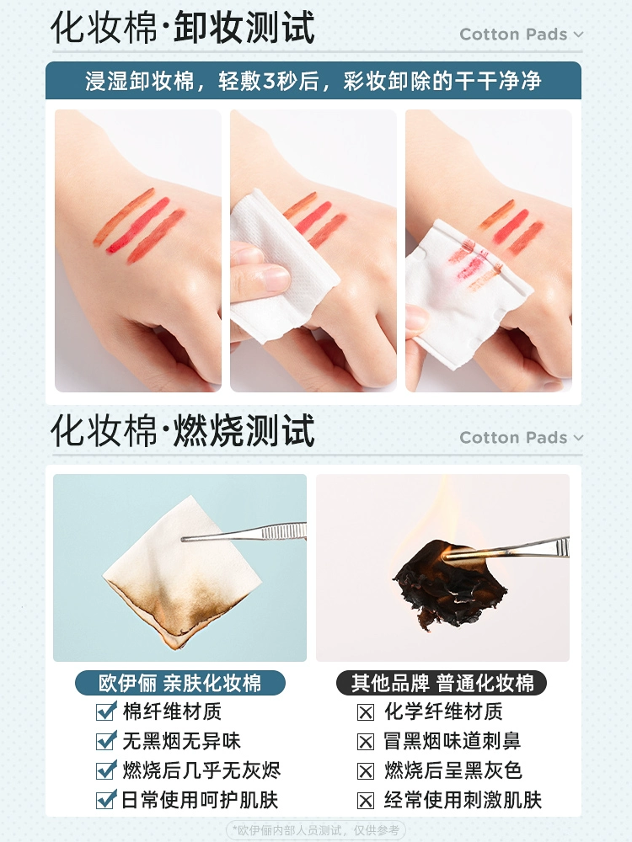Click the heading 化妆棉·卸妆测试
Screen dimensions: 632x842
pyautogui.click(x=182, y=28)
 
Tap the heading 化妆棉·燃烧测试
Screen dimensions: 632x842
pyautogui.click(x=182, y=430)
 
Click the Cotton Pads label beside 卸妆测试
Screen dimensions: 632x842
pyautogui.click(x=513, y=35)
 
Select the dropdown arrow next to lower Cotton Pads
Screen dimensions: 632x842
pyautogui.click(x=578, y=438)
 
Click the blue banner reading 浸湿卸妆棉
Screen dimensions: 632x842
pyautogui.click(x=313, y=81)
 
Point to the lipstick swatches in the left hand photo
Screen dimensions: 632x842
pyautogui.click(x=140, y=226)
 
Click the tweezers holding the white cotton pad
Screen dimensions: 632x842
pyautogui.click(x=244, y=532)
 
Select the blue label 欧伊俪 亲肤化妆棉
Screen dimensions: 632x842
pyautogui.click(x=180, y=683)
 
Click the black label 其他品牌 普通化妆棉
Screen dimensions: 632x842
pyautogui.click(x=442, y=683)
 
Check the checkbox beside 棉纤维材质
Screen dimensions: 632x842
pyautogui.click(x=106, y=711)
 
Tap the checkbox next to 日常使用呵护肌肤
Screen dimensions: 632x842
pyautogui.click(x=106, y=800)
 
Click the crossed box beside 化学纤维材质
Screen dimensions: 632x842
pyautogui.click(x=366, y=712)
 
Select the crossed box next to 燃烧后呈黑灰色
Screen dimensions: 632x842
pyautogui.click(x=366, y=771)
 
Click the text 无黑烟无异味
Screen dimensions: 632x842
pyautogui.click(x=182, y=741)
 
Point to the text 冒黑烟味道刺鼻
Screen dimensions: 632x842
pyautogui.click(x=452, y=741)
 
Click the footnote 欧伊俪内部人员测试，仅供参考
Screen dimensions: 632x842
pyautogui.click(x=316, y=830)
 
